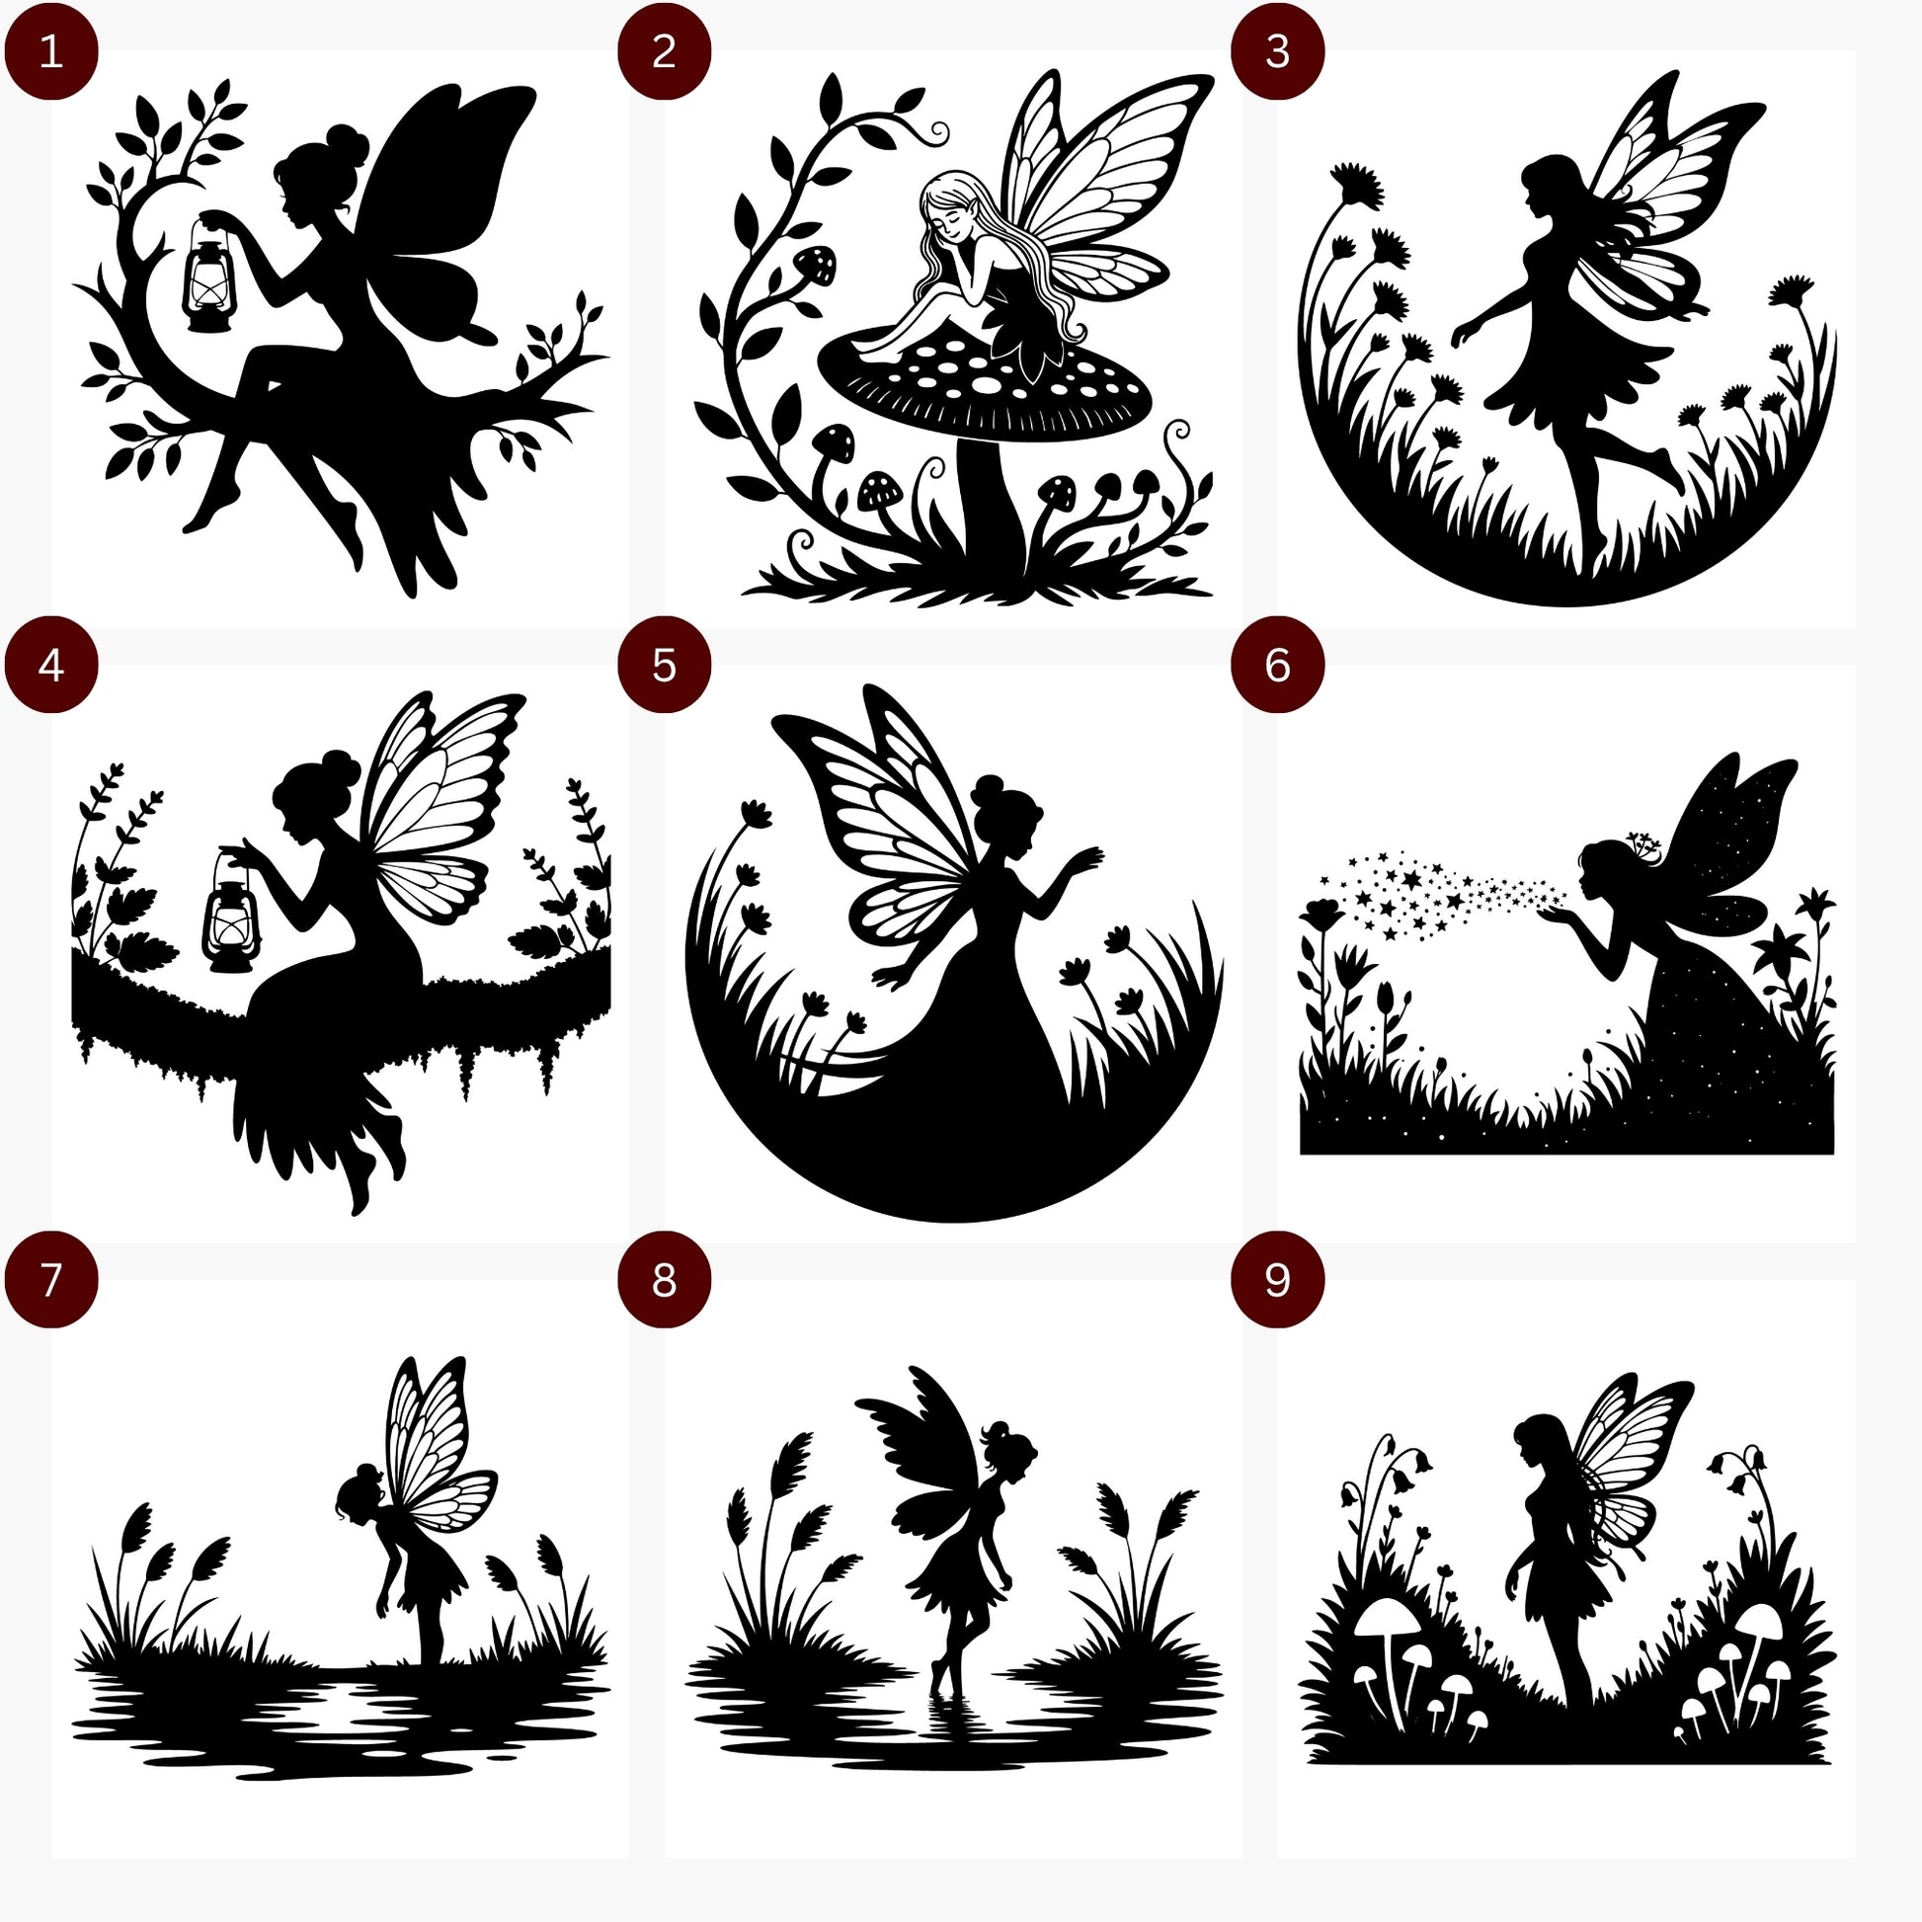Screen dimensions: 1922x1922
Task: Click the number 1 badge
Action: [51, 51]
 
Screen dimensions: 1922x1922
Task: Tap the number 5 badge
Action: [665, 666]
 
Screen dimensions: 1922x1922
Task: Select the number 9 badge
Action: [1277, 1279]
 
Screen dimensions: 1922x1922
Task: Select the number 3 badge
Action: [1277, 51]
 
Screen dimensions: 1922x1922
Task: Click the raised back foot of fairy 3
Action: [1671, 471]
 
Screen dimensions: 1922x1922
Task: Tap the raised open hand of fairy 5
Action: [1084, 856]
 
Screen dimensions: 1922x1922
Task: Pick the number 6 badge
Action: [1277, 666]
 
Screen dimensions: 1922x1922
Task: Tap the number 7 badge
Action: [51, 1279]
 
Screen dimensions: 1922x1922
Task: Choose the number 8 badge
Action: [665, 1279]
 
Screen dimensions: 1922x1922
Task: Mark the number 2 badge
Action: [665, 51]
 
